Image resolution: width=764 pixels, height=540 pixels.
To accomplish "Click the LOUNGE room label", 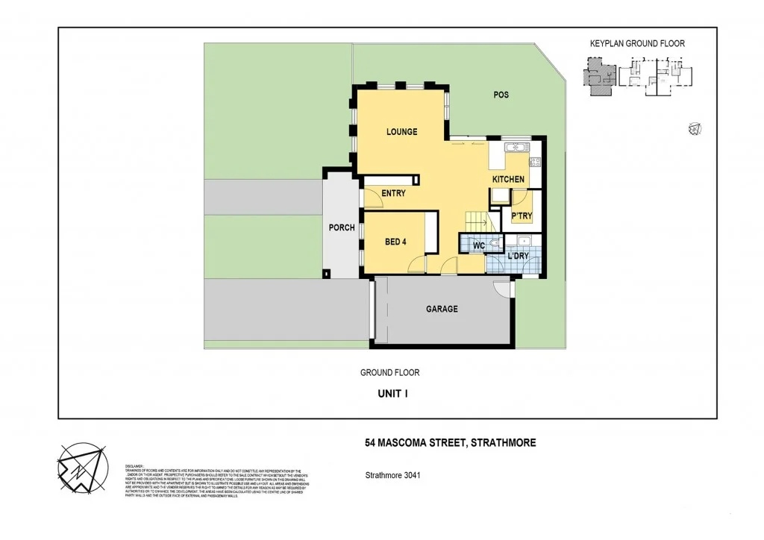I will click(x=401, y=132).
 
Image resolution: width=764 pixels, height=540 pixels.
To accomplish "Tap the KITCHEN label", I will click(x=508, y=180).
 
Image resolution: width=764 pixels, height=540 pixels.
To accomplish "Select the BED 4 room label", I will click(x=396, y=242).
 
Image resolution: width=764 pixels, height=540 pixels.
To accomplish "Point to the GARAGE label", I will click(x=442, y=309).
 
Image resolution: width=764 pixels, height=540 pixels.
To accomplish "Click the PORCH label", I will click(x=342, y=227).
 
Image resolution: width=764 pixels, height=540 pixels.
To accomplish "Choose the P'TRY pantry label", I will click(x=522, y=216).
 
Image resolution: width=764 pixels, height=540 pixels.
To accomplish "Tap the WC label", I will click(x=479, y=245).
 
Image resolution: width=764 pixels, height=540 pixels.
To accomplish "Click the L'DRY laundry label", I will click(x=518, y=257).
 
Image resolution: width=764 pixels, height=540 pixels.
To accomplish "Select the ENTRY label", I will click(x=393, y=193).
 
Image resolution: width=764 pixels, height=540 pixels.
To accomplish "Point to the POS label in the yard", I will click(x=501, y=95).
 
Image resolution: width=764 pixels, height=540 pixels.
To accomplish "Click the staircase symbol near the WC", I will click(x=476, y=222).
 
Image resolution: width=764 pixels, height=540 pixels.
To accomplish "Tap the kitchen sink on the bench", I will click(x=514, y=148).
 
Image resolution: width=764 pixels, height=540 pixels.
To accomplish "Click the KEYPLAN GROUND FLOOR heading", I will click(x=637, y=44).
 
